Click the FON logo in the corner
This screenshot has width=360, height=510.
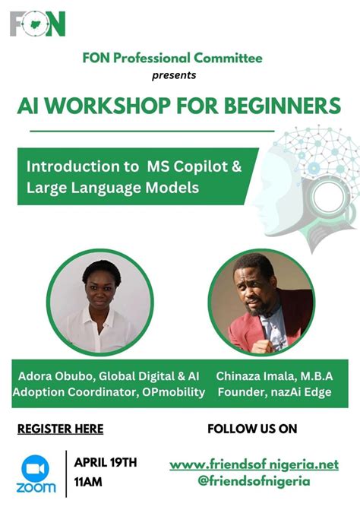tap(38, 24)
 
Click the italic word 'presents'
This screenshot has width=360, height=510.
tap(174, 75)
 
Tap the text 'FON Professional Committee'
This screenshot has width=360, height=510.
tap(174, 58)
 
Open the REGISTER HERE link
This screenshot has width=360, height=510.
tap(60, 429)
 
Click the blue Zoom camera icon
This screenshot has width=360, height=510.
tap(36, 465)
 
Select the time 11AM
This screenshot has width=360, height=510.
tap(90, 481)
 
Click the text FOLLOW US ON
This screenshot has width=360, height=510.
tap(252, 429)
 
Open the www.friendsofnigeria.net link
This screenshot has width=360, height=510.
tap(254, 464)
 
